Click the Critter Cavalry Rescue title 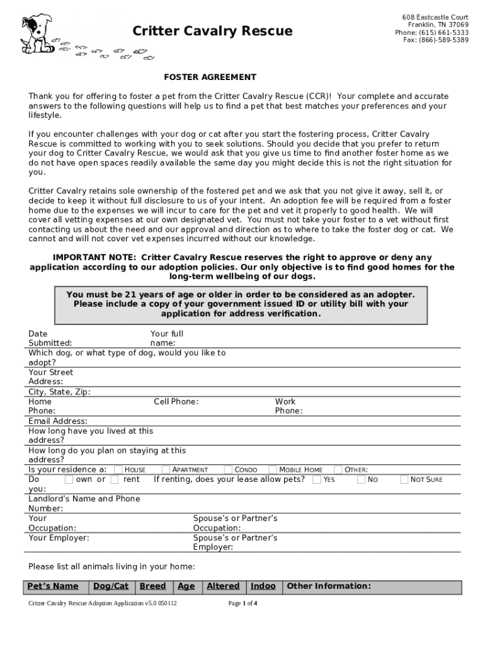coord(212,31)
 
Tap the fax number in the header coord(436,40)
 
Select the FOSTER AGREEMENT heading coord(210,77)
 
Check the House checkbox coord(118,470)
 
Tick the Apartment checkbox coord(166,470)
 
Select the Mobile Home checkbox coord(273,470)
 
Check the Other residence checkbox coord(338,470)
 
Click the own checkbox coord(69,480)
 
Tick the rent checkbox coord(115,480)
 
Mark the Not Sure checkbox coord(404,480)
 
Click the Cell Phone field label coord(176,402)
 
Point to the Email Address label coord(58,421)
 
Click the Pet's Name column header coord(53,586)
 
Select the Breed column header coord(152,586)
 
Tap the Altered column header coord(223,586)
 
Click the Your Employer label coord(59,538)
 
